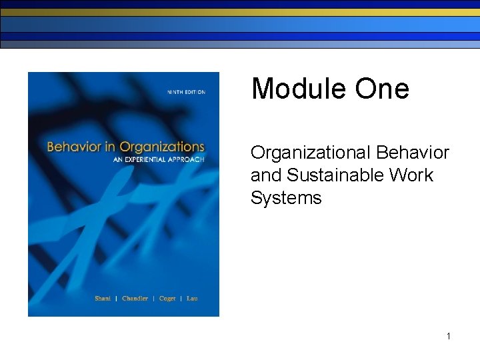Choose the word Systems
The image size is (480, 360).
tap(285, 198)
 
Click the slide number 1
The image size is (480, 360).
tap(449, 336)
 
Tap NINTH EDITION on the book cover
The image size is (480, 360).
tap(187, 92)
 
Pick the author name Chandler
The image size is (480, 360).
tap(136, 299)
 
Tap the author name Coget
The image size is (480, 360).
tap(168, 299)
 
